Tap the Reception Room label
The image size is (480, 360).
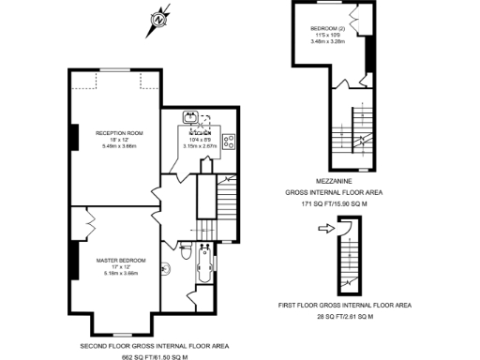[x=117, y=133]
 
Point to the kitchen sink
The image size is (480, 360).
[x=190, y=117]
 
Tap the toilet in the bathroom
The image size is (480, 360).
[x=185, y=254]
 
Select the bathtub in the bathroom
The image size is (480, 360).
[x=202, y=272]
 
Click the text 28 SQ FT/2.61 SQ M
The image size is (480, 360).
[x=346, y=317]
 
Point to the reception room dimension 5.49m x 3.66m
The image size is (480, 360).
[x=117, y=146]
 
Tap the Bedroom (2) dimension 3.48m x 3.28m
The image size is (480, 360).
[x=327, y=42]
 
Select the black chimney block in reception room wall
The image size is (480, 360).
[x=73, y=137]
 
